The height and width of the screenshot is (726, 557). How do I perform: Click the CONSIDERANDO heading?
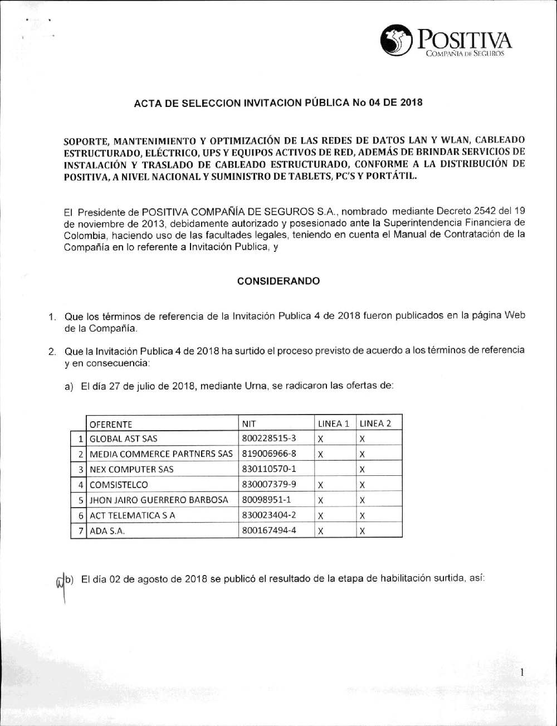pos(278,281)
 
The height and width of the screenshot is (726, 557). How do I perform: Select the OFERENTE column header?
pos(111,423)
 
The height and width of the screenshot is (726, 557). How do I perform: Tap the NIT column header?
pos(249,423)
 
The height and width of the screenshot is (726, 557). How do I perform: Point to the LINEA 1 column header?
pos(333,423)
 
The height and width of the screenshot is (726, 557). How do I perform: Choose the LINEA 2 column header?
pos(375,423)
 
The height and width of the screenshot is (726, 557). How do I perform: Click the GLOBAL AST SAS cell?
pos(124,438)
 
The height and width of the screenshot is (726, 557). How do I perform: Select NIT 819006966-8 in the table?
pos(269,454)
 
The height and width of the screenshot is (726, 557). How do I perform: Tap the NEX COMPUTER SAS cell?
pos(131,469)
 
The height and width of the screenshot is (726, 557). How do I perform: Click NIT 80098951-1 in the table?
pos(267,500)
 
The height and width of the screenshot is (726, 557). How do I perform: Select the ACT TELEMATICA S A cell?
pos(133,515)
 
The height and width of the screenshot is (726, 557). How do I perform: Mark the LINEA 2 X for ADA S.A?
pos(362,531)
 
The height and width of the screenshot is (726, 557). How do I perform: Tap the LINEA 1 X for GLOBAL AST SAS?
pos(321,439)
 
